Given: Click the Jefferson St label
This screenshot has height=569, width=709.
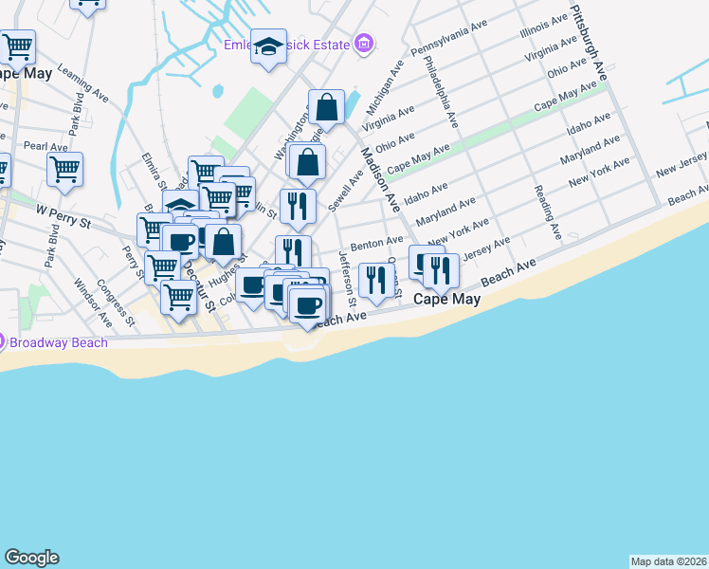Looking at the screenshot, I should pos(347,279).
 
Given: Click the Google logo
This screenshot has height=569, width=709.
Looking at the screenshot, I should pos(31,558).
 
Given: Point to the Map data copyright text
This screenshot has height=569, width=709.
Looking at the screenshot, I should pos(668,561).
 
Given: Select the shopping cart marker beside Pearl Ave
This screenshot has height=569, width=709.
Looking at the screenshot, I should pos(64,169).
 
